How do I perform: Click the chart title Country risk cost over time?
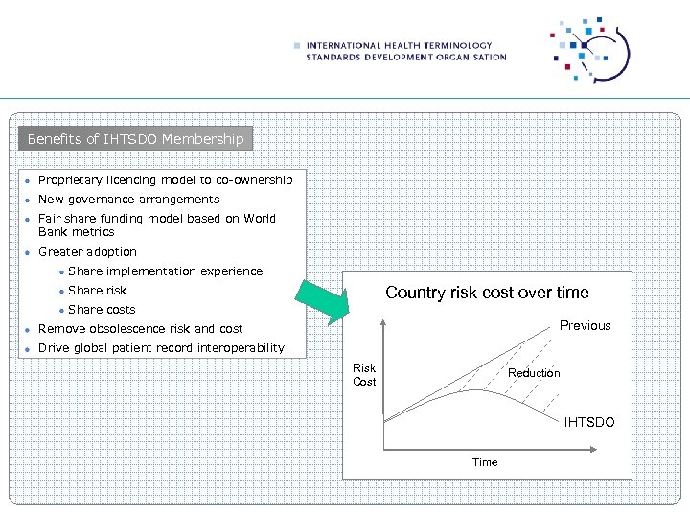487,293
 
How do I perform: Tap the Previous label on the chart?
585,325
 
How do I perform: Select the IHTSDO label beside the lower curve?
588,422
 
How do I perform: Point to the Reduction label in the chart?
534,373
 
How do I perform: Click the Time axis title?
485,462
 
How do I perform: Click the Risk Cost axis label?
364,375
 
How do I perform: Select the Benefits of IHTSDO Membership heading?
136,139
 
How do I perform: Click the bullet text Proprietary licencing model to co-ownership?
165,180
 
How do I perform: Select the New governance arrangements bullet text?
128,200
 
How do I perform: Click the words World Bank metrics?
76,232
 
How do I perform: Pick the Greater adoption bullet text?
87,252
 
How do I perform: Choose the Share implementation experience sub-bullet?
165,271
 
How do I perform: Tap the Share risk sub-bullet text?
97,291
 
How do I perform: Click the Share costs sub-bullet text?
102,310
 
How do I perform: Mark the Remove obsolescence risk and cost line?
140,329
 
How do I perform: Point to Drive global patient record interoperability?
161,348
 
